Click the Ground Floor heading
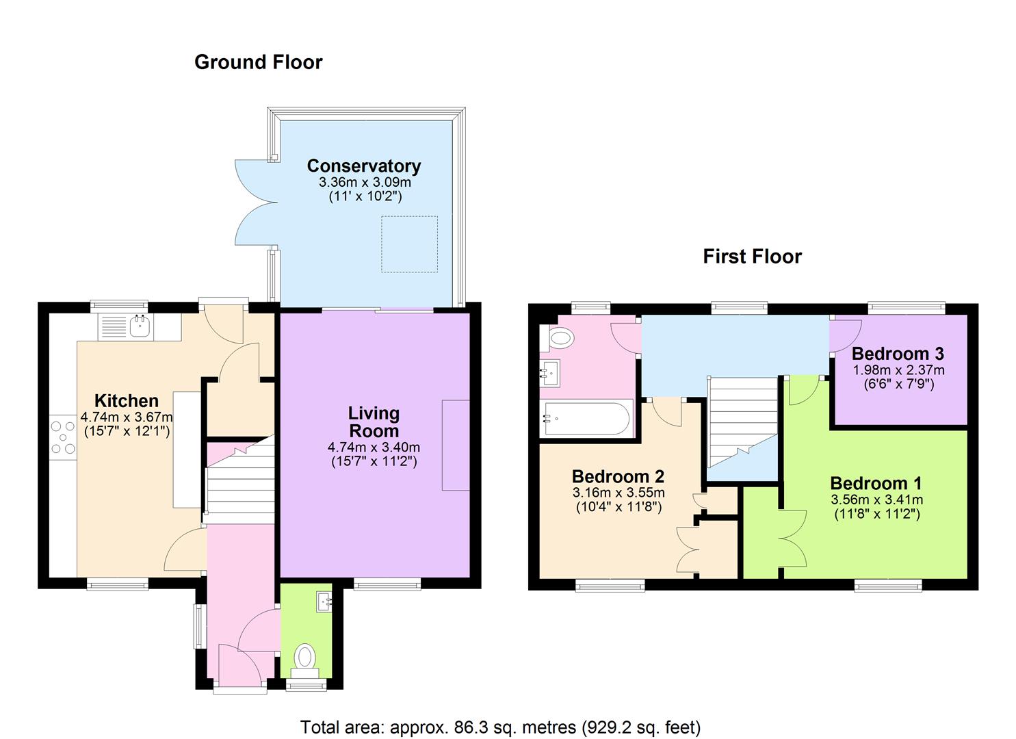[258, 62]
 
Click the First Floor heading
[752, 257]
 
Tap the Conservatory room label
[363, 166]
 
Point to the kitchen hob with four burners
[63, 438]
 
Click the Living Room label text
[374, 422]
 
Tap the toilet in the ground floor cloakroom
[305, 657]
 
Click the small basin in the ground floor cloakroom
[324, 602]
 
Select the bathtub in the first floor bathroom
[586, 418]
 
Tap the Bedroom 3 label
[898, 354]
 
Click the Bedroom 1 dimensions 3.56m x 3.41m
[876, 500]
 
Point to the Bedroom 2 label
[618, 476]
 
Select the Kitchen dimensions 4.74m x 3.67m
[127, 417]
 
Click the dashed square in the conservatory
[409, 244]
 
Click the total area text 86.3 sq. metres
[500, 727]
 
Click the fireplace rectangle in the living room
[456, 445]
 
